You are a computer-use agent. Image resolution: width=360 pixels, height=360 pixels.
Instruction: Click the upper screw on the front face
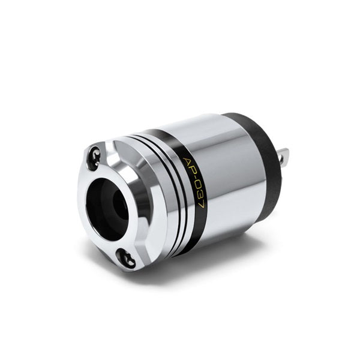pos(94,158)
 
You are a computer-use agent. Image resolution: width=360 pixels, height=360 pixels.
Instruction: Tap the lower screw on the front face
pos(126,259)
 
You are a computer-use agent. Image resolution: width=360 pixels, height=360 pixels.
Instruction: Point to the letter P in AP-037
pos(193,170)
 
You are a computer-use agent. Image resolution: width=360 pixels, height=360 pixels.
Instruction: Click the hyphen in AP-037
pos(196,178)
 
